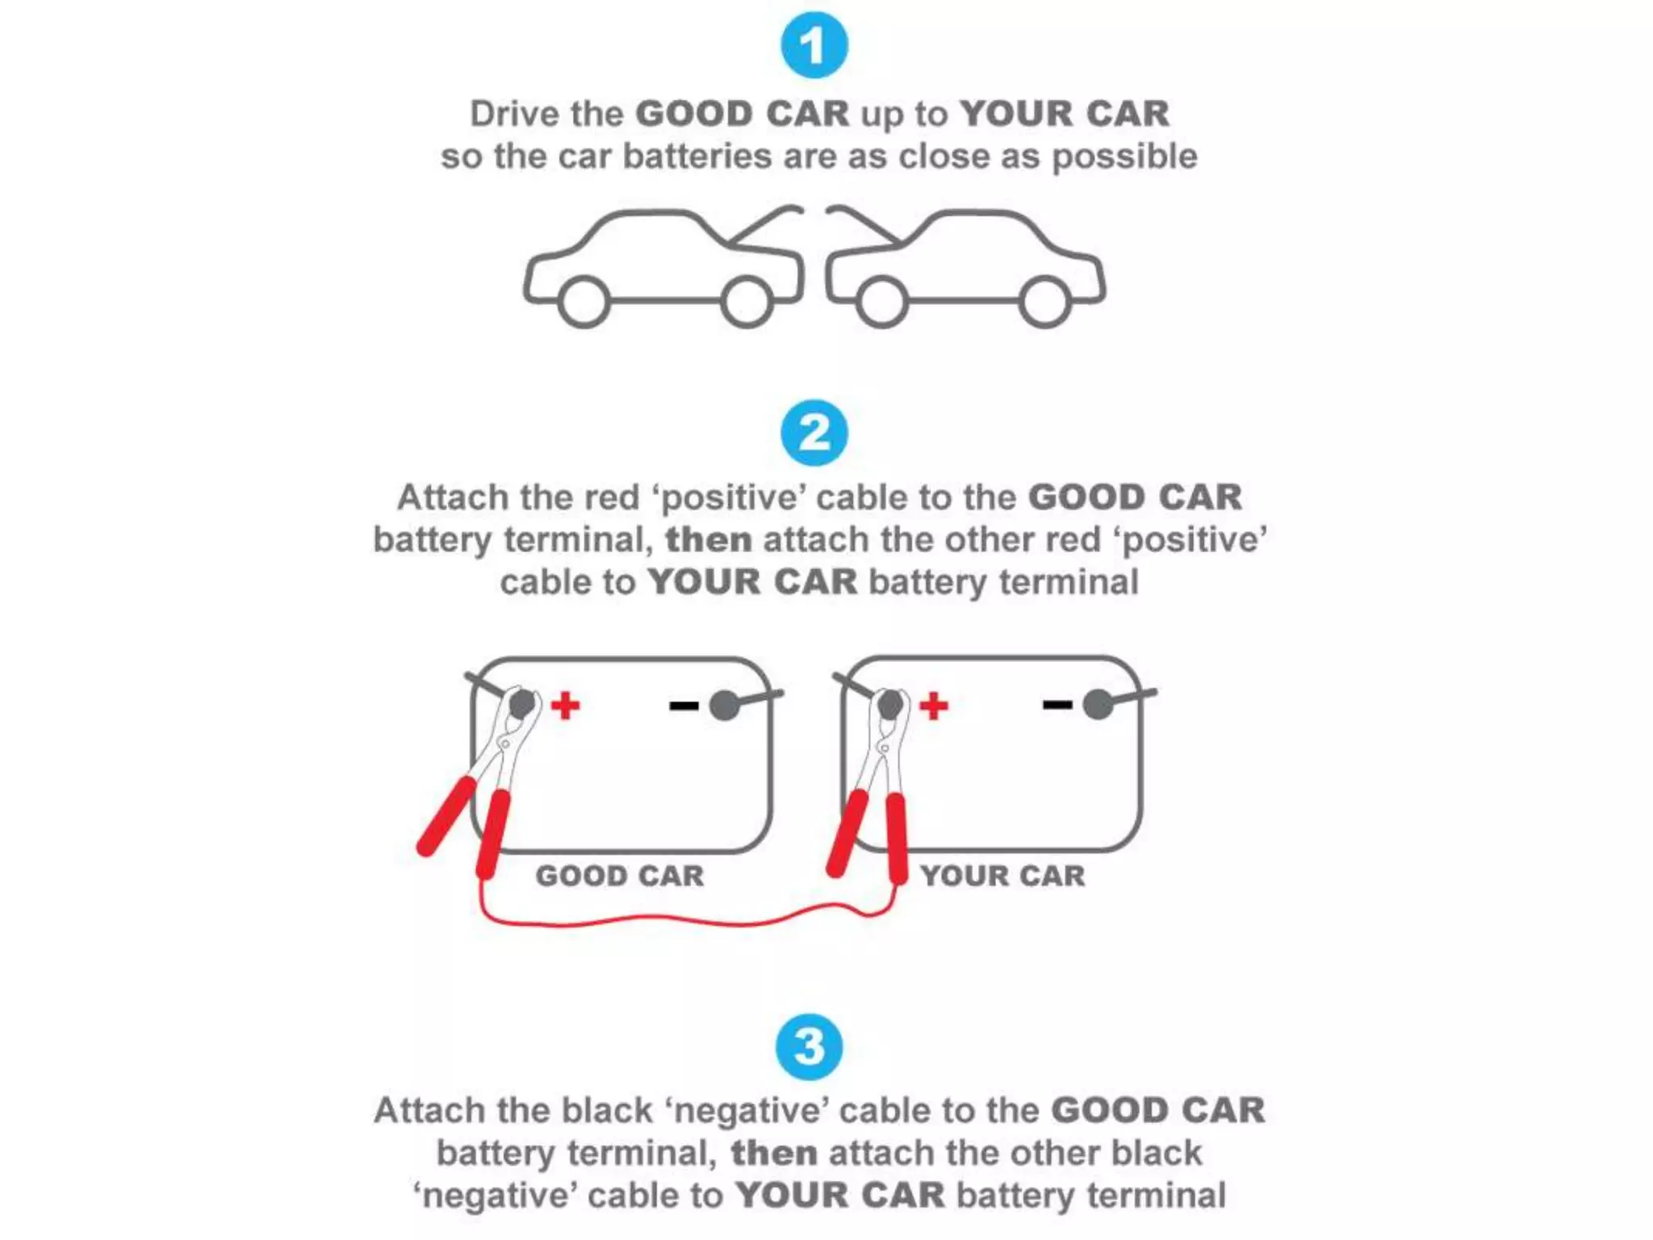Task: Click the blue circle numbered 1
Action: click(814, 46)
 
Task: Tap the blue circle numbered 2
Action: click(814, 434)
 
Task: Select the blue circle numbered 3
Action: click(809, 1047)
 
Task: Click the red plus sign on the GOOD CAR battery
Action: click(565, 705)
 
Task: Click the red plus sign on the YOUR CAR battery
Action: click(934, 705)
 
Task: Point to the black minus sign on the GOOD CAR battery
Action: click(684, 706)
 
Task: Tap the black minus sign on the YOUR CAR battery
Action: click(1057, 705)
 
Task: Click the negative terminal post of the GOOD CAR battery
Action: click(725, 705)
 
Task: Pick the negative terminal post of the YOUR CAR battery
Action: click(1098, 704)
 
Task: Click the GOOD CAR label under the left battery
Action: click(620, 876)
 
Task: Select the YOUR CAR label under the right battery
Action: click(1002, 876)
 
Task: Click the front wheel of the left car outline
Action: click(747, 301)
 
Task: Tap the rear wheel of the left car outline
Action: click(584, 301)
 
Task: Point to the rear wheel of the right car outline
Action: click(1045, 301)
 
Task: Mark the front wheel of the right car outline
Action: click(881, 301)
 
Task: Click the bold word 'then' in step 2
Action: click(709, 539)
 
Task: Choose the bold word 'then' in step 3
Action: click(774, 1153)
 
